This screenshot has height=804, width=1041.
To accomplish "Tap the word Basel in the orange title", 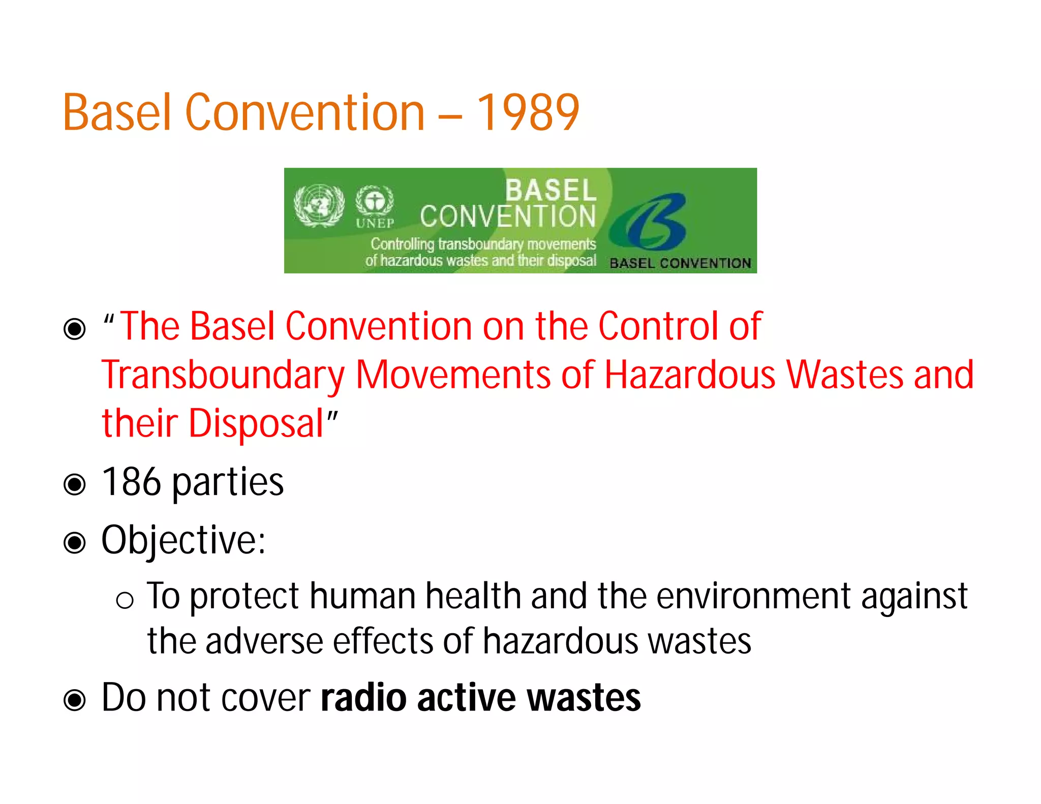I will tap(117, 113).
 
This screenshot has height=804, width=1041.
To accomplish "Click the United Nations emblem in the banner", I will tap(319, 205).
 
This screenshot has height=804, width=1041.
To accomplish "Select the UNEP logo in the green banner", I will tap(375, 206).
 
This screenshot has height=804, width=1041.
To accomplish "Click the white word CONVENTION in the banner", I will tap(507, 217).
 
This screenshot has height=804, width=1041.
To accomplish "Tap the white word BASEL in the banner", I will tap(550, 191).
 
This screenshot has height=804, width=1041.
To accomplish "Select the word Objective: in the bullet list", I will tap(183, 540).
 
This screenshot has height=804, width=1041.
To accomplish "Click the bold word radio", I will tap(363, 698).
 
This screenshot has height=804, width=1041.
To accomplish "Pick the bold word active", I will tap(467, 698).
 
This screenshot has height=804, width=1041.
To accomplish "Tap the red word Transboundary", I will tap(223, 375).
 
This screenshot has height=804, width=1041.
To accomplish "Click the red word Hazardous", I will tap(690, 375).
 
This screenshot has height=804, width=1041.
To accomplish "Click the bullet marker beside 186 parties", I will tap(75, 484).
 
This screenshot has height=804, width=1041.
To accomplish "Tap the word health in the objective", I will tap(473, 596).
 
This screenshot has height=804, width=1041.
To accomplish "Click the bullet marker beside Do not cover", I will tap(75, 700).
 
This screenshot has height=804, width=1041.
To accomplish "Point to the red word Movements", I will tap(453, 375).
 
